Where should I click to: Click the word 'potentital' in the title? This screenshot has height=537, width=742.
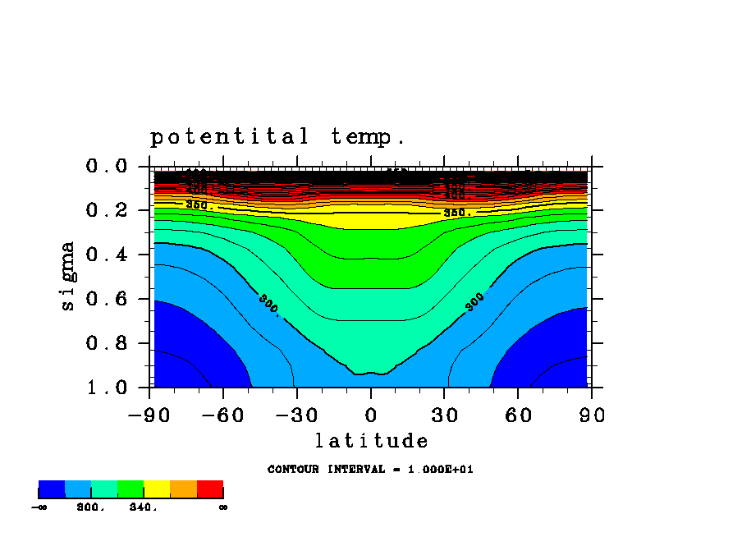pos(230,137)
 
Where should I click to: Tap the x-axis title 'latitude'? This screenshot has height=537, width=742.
pos(371,442)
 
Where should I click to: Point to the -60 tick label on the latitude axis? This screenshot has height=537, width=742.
pos(223,415)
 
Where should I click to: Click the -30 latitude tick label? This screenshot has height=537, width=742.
pos(297,415)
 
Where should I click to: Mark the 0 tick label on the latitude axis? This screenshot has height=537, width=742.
pos(371,415)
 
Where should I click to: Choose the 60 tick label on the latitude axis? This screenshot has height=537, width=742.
pos(519,415)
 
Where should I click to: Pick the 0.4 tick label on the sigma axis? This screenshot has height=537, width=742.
pos(107,255)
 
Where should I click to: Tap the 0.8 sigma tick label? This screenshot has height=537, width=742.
pos(107,343)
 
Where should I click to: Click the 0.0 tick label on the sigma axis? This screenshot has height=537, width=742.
pos(107,167)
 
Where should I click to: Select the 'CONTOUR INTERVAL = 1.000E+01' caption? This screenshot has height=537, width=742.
pos(370,470)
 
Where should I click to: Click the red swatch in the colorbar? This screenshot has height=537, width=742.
pos(210,489)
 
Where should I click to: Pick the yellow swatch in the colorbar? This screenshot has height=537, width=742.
pos(157,489)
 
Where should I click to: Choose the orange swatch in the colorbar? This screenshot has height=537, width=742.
pos(183,489)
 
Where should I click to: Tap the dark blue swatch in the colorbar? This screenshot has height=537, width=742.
pos(52,489)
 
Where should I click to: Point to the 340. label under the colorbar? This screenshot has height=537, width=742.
pos(144,507)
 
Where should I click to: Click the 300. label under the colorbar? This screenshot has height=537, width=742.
pos(91,507)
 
